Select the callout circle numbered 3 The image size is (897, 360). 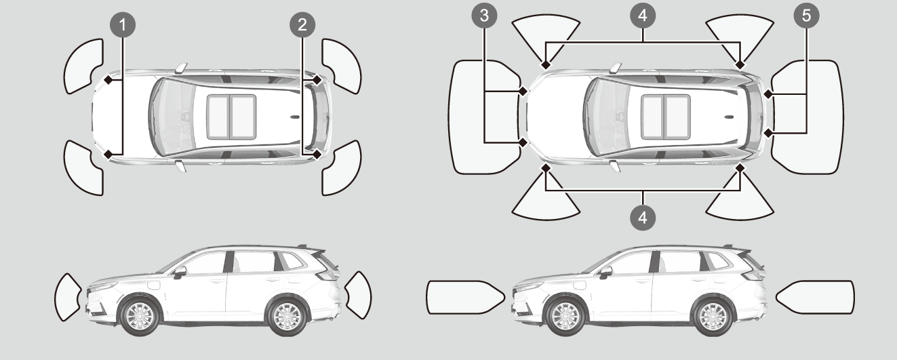(483, 17)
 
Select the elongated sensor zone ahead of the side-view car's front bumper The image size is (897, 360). (463, 296)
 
